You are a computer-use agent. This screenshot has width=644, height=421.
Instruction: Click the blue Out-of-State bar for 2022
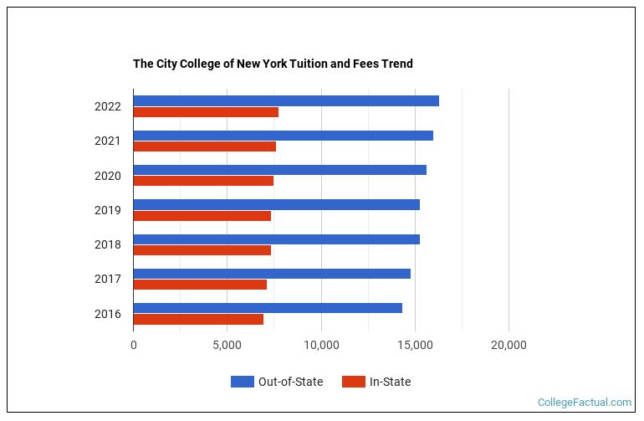pyautogui.click(x=286, y=101)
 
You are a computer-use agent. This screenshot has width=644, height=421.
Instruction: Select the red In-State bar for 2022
pyautogui.click(x=206, y=112)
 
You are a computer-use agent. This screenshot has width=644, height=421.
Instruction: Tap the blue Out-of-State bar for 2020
pyautogui.click(x=280, y=170)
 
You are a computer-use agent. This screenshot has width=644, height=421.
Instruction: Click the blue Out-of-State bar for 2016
pyautogui.click(x=268, y=308)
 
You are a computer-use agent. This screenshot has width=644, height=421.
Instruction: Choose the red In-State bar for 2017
pyautogui.click(x=200, y=285)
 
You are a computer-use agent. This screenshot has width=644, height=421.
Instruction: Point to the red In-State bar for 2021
pyautogui.click(x=205, y=146)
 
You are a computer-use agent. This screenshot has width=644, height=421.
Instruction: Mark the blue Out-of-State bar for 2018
pyautogui.click(x=277, y=239)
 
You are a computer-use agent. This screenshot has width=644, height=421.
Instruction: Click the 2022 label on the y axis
pyautogui.click(x=108, y=106)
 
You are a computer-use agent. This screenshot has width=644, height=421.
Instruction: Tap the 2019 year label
pyautogui.click(x=108, y=210)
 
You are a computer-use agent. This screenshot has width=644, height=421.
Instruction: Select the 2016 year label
pyautogui.click(x=108, y=314)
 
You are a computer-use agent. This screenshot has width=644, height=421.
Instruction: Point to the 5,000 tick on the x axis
pyautogui.click(x=227, y=344)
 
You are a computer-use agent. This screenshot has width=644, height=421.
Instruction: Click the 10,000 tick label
pyautogui.click(x=320, y=344)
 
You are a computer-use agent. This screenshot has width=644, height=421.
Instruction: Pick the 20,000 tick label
pyautogui.click(x=508, y=344)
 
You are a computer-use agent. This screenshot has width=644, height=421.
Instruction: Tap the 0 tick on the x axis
pyautogui.click(x=134, y=344)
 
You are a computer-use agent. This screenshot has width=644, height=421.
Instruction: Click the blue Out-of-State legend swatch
pyautogui.click(x=242, y=382)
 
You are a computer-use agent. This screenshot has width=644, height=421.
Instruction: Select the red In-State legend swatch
pyautogui.click(x=354, y=382)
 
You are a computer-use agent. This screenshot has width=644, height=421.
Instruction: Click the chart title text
pyautogui.click(x=273, y=64)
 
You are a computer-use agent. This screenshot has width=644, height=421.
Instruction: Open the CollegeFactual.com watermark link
pyautogui.click(x=585, y=403)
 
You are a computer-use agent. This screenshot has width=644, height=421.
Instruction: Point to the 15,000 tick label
pyautogui.click(x=414, y=344)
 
